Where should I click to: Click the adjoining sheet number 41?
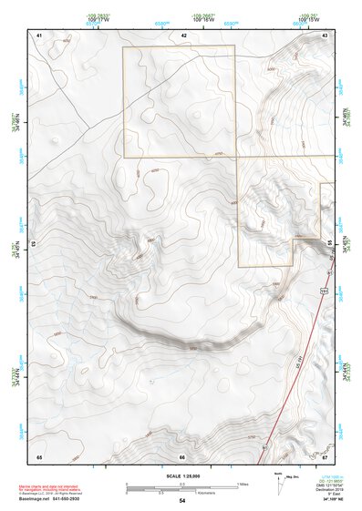[39, 35]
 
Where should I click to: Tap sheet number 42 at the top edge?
[183, 35]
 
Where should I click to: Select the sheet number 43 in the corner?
[326, 35]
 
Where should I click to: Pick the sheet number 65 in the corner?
[39, 455]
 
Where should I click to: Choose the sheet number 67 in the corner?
[325, 455]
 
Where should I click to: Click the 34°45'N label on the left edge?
[14, 245]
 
